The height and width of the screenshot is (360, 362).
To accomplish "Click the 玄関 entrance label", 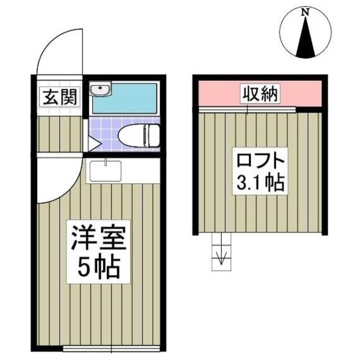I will pyautogui.click(x=58, y=98).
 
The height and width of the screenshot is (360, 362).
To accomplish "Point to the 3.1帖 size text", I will pyautogui.click(x=259, y=183).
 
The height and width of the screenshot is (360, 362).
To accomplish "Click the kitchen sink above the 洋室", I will pyautogui.click(x=106, y=170).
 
